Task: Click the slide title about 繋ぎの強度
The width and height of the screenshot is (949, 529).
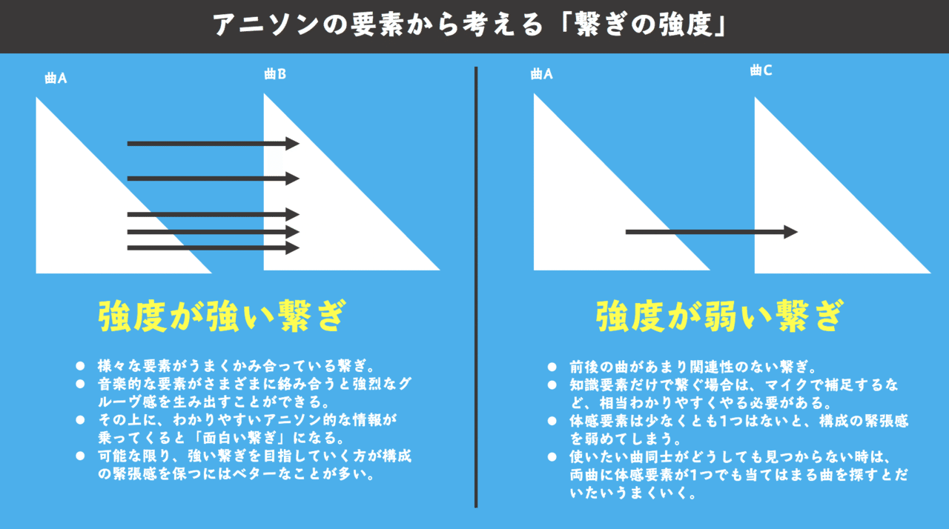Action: (474, 25)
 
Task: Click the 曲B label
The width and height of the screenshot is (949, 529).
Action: (275, 74)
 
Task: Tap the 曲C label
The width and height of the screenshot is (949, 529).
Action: (761, 70)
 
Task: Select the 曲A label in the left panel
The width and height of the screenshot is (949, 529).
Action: (56, 78)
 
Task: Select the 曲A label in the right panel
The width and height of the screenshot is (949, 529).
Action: (542, 74)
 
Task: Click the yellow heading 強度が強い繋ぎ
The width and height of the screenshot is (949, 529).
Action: (222, 316)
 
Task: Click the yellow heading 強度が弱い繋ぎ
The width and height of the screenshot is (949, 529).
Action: (719, 316)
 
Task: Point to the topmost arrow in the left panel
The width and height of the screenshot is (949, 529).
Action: (213, 143)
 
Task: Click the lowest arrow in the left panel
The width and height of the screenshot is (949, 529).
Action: (213, 247)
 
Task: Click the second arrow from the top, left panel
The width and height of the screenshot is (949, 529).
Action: (213, 178)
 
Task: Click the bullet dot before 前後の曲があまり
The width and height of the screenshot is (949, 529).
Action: (552, 367)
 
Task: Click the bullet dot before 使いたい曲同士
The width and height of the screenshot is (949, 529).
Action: (552, 456)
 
